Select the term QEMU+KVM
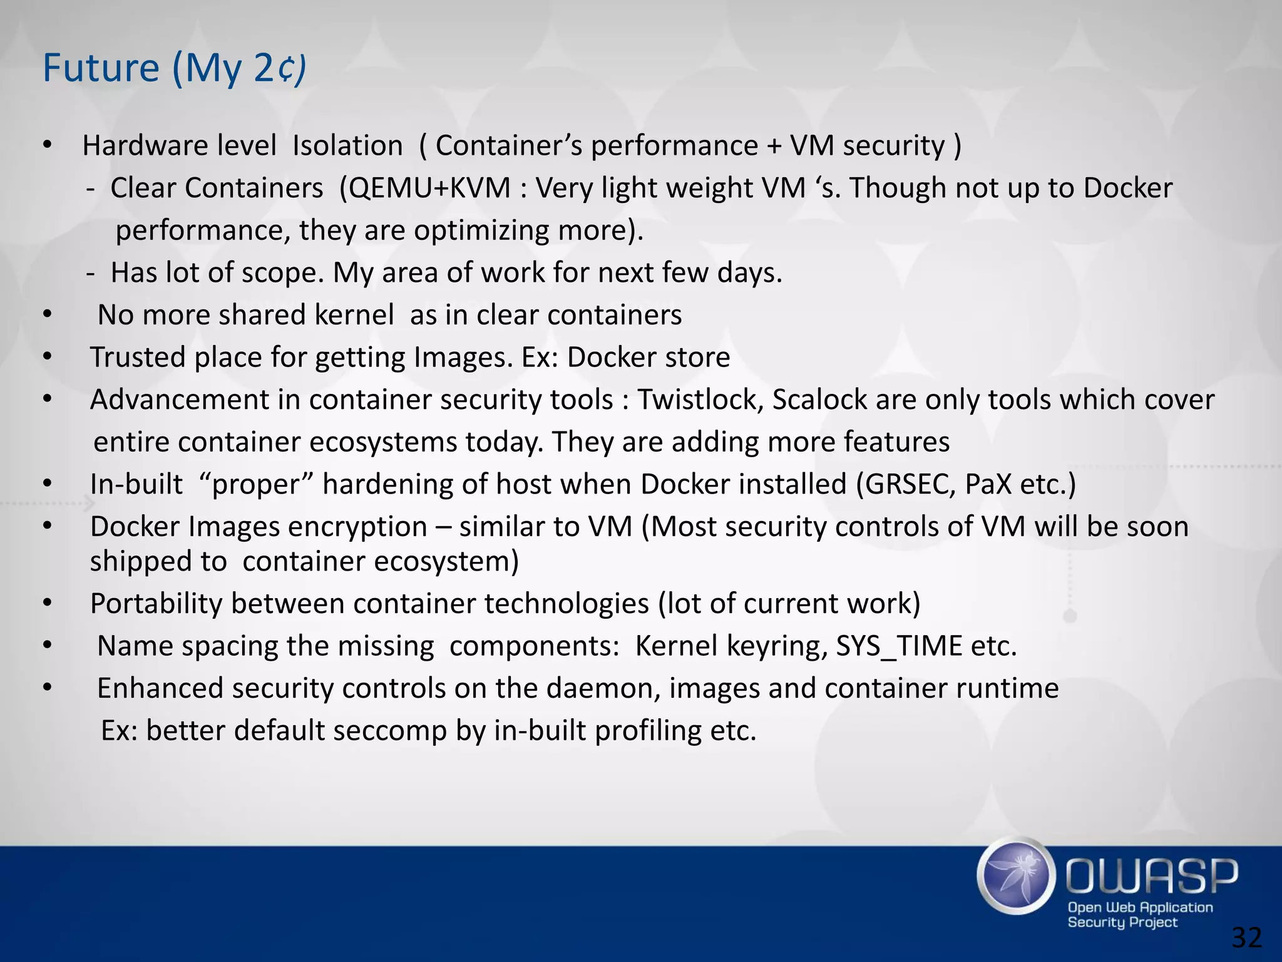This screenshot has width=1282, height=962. tap(429, 188)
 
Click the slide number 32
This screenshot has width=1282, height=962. tap(1246, 938)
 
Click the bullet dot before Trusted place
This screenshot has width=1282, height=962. tap(48, 357)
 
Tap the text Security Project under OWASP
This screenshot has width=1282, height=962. tap(1122, 922)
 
